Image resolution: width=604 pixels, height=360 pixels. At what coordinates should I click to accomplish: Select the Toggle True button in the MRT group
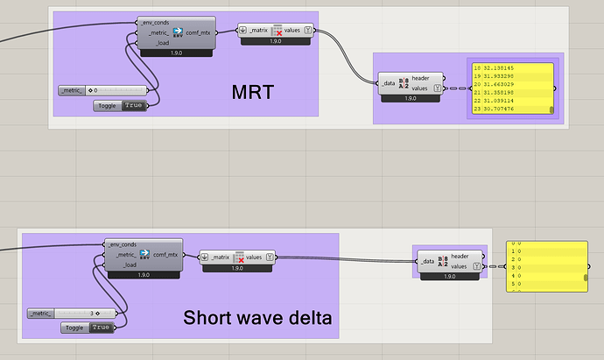133,106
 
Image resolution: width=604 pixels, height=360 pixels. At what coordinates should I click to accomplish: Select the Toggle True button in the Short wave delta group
101,328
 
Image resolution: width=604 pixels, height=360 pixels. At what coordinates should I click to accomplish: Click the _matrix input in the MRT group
258,31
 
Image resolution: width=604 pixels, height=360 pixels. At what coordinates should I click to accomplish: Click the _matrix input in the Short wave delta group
225,257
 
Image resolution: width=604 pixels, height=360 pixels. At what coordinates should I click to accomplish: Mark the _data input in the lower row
427,261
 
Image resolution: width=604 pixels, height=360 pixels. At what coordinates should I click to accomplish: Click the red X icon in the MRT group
277,32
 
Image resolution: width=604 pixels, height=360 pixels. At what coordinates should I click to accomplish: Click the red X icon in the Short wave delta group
240,258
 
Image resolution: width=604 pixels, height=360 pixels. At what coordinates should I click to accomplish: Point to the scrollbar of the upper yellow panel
552,109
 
